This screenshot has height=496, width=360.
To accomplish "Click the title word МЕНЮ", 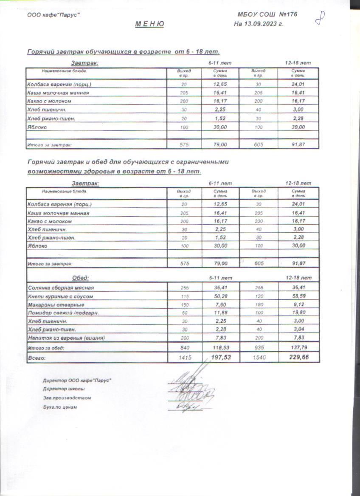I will pyautogui.click(x=150, y=24).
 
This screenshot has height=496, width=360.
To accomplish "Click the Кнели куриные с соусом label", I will pyautogui.click(x=60, y=296).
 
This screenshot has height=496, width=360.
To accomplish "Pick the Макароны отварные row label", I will pyautogui.click(x=56, y=305).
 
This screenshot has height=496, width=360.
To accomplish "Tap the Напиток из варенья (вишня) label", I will pyautogui.click(x=66, y=338).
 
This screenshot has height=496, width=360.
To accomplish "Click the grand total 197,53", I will pyautogui.click(x=221, y=358).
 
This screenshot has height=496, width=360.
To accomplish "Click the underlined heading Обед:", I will pyautogui.click(x=81, y=278).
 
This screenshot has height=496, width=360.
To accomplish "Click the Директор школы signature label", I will pyautogui.click(x=63, y=389).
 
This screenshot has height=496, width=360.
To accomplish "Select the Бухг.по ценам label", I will pyautogui.click(x=60, y=407).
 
